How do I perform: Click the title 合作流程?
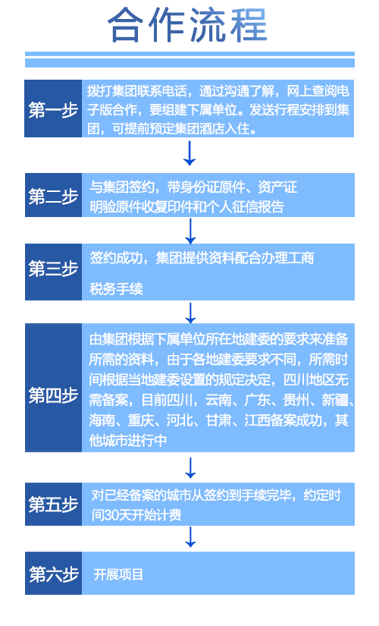[187, 26]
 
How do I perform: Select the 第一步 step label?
[53, 109]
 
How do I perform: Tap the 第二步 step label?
[53, 196]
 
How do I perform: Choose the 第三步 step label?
[53, 269]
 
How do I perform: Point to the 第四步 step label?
[53, 395]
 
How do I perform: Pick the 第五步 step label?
[53, 505]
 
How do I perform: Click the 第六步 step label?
[53, 574]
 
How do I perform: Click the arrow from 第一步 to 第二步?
[189, 153]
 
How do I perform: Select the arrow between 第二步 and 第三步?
[190, 231]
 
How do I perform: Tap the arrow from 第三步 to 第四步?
[190, 313]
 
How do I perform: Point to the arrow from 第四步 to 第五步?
[190, 468]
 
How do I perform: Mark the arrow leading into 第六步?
[190, 537]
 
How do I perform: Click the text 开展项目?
[118, 574]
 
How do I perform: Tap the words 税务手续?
[116, 288]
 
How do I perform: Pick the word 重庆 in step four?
[141, 420]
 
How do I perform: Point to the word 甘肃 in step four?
[218, 420]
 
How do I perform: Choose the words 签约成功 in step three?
[116, 258]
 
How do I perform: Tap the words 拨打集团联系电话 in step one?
[137, 91]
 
